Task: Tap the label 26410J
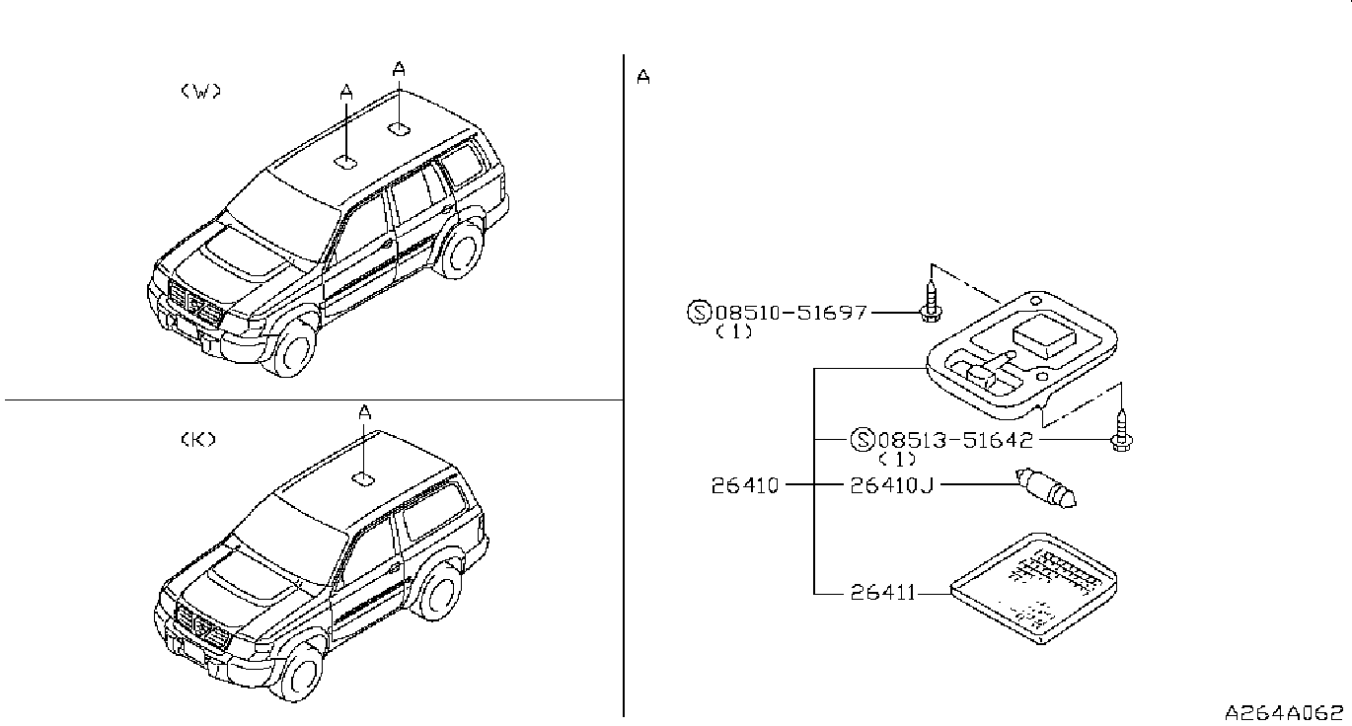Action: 892,484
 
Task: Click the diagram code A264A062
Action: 1284,711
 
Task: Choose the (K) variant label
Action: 198,440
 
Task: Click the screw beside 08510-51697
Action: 930,297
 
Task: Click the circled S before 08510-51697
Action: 698,313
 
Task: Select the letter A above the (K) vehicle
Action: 364,413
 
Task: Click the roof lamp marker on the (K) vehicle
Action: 363,478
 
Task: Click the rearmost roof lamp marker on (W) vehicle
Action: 400,128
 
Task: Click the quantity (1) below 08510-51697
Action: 734,332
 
